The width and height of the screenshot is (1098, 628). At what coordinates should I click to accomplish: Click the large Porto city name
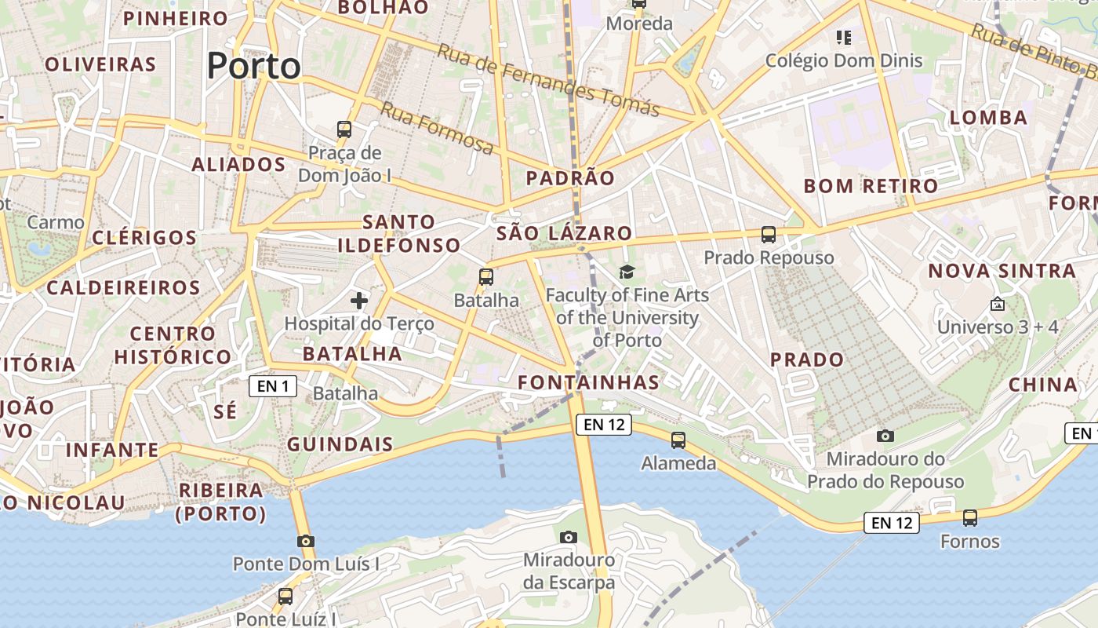(254, 66)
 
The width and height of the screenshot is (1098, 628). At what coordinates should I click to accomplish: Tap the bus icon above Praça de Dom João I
(344, 130)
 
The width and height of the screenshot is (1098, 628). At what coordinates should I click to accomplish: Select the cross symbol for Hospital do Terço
(359, 300)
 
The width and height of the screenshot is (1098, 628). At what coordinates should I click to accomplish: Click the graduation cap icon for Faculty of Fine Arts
(627, 272)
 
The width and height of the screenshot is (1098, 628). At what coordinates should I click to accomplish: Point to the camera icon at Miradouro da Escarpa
(569, 537)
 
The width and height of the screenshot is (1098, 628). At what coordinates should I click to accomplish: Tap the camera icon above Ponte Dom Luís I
(306, 541)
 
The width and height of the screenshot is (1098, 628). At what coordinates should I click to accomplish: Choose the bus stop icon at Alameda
(678, 440)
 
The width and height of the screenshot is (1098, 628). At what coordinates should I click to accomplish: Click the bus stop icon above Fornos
(970, 518)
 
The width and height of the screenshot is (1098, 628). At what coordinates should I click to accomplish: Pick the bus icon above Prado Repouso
(769, 234)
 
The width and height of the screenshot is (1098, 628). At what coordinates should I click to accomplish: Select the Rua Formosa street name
(437, 128)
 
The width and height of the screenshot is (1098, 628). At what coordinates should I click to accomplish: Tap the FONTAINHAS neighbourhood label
(588, 382)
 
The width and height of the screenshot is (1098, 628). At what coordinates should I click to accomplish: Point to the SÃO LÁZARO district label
(564, 233)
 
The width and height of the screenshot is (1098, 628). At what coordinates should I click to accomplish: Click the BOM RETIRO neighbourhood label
(871, 186)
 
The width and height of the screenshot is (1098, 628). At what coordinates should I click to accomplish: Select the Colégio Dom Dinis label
(844, 60)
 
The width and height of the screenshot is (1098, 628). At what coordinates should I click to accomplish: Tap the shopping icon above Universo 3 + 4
(998, 304)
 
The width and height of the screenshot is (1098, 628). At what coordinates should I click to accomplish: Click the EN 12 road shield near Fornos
(892, 523)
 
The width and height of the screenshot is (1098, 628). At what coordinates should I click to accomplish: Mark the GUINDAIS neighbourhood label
(340, 444)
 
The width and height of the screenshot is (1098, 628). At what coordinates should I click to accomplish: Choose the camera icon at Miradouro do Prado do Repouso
(885, 436)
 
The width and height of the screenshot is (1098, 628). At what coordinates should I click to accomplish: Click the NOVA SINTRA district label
(1002, 272)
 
